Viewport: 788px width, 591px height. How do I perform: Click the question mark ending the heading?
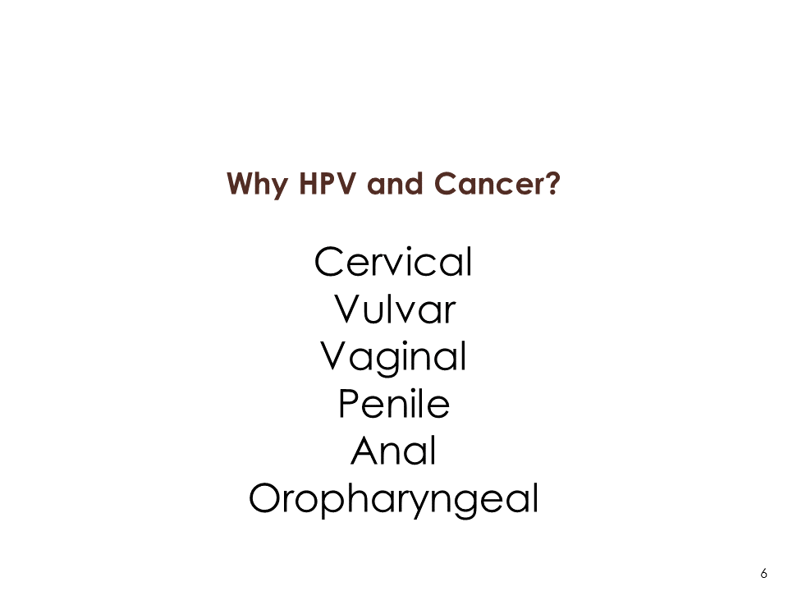coord(552,183)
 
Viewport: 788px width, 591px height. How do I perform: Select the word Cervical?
coord(393,261)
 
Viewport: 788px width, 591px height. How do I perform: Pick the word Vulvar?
coord(395,309)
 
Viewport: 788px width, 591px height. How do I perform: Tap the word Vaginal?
coord(393,358)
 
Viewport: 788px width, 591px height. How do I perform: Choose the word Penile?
coord(394,403)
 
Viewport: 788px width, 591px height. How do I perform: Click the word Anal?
coord(393,451)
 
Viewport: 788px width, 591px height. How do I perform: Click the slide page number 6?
coord(764,574)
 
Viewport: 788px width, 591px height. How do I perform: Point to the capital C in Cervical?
coord(329,262)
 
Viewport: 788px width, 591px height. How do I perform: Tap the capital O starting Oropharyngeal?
coord(264,498)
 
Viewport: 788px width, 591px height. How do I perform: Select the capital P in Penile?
coord(349,404)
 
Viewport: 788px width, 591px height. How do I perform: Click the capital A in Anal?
coord(365,451)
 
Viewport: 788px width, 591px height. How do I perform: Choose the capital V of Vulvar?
coord(348,309)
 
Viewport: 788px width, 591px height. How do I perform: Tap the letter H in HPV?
coord(309,183)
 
